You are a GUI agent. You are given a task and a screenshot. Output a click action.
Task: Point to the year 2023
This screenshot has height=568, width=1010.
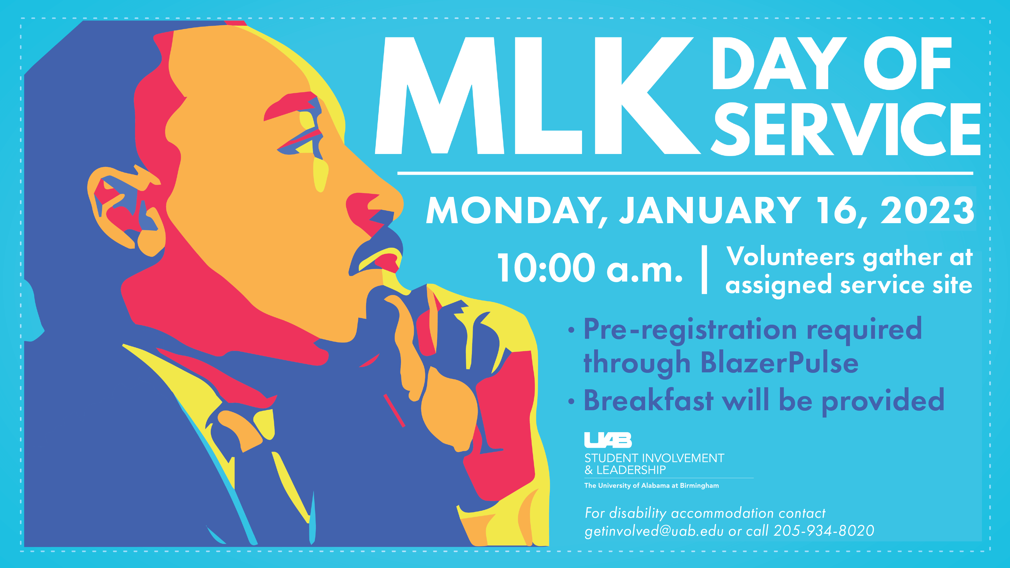click(927, 211)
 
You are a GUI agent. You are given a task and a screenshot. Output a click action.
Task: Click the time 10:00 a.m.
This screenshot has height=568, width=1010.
click(590, 268)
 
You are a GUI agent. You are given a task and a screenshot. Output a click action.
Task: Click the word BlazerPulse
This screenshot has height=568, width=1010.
click(779, 362)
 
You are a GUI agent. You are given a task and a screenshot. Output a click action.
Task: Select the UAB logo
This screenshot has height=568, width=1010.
click(608, 440)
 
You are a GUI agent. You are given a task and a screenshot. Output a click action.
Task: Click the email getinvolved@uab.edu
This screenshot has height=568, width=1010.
click(654, 531)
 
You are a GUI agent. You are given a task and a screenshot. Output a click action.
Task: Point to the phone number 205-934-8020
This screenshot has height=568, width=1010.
click(824, 530)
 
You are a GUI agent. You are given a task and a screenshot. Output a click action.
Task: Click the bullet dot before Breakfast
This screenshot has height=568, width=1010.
click(571, 401)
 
